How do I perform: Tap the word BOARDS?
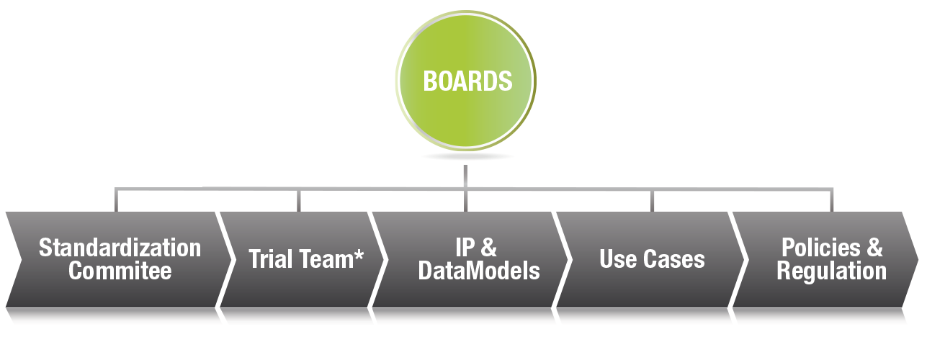tap(467, 81)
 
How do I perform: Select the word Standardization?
tap(120, 248)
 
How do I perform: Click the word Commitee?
tap(120, 271)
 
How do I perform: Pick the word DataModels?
tap(479, 271)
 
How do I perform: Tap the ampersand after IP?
tap(488, 248)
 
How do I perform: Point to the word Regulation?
tap(831, 271)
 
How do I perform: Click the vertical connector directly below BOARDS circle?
tap(466, 176)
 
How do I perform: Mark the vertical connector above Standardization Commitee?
tap(115, 200)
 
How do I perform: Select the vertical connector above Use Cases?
tap(653, 200)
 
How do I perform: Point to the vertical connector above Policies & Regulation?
tap(833, 200)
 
